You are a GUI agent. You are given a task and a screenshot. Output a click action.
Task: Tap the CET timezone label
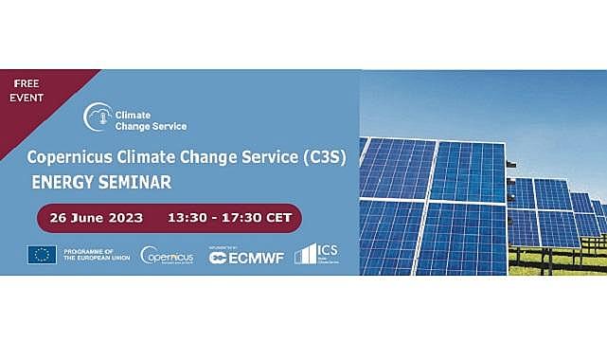(x=279, y=218)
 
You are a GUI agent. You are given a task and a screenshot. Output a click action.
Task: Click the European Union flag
(x=42, y=254)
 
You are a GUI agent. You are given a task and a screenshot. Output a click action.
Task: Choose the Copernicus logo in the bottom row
(x=167, y=255)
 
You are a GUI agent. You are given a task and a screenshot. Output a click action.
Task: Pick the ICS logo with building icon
(x=318, y=253)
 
